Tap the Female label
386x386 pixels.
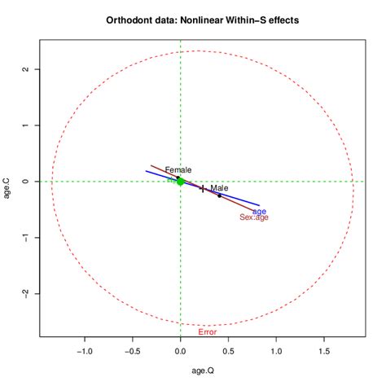(178, 170)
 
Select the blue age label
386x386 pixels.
(259, 211)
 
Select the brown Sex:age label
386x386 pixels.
(254, 217)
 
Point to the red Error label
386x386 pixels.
(208, 332)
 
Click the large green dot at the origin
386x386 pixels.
(181, 182)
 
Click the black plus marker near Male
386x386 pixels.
(202, 189)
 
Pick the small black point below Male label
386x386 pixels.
(219, 195)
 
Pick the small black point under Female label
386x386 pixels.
(178, 178)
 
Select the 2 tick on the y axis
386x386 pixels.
(26, 69)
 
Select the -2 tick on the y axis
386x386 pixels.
(26, 294)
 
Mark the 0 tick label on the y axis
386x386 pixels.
(26, 182)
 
